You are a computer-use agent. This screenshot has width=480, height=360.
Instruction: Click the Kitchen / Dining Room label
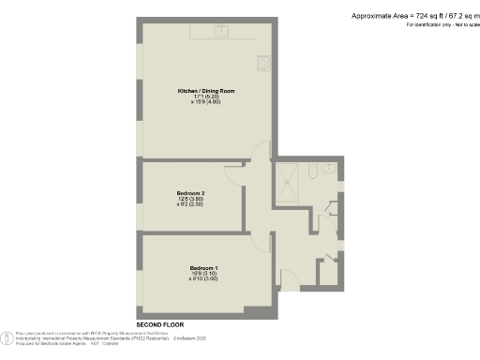[205, 91]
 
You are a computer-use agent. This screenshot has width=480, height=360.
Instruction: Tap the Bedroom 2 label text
[190, 193]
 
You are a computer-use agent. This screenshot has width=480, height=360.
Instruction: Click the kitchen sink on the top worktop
[223, 30]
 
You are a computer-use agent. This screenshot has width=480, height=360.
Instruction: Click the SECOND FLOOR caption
[158, 322]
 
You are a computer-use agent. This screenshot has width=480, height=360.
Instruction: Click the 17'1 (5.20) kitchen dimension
[205, 97]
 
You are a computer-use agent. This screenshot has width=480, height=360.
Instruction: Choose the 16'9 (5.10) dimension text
[203, 274]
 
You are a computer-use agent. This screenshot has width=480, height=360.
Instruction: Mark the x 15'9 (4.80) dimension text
[205, 102]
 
